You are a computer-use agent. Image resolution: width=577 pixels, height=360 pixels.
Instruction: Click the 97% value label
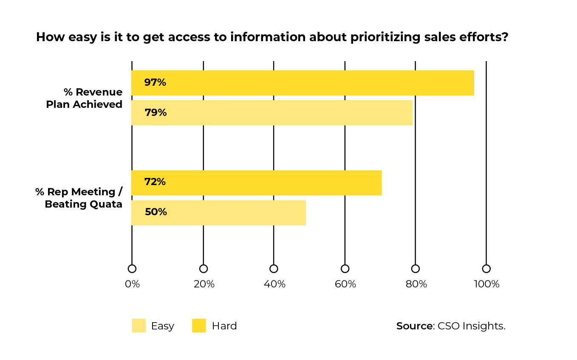click(155, 83)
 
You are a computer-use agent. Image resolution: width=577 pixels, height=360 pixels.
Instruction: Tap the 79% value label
click(155, 113)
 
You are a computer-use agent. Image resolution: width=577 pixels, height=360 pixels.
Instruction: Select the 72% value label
click(155, 182)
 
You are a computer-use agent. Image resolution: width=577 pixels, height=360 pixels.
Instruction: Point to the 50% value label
click(156, 212)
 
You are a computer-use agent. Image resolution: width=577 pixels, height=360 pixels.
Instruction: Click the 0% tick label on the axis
click(132, 284)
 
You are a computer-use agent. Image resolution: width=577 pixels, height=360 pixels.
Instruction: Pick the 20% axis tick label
click(204, 284)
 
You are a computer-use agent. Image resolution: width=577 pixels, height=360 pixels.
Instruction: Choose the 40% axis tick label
click(274, 284)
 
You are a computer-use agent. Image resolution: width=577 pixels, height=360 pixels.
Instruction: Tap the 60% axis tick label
click(345, 284)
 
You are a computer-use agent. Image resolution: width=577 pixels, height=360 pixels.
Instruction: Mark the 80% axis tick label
click(416, 284)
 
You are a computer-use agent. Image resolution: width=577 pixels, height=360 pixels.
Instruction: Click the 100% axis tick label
click(486, 284)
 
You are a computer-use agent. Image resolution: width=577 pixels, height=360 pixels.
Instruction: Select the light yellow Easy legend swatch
click(139, 326)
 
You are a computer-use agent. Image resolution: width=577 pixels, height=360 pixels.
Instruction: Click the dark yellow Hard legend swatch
click(199, 326)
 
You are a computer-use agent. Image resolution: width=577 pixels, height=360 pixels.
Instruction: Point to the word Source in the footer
click(414, 326)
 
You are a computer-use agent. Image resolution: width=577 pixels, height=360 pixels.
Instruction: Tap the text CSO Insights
click(471, 326)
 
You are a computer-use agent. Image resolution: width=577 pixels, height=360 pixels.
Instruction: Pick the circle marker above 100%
click(486, 269)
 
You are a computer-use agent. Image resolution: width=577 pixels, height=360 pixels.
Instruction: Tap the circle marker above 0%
click(132, 269)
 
